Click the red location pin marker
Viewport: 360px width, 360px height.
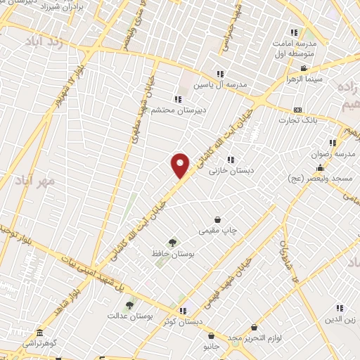(181, 165)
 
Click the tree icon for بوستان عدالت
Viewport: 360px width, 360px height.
(129, 306)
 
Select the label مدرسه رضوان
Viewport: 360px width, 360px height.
(336, 153)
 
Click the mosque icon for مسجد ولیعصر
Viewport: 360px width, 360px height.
(321, 167)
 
